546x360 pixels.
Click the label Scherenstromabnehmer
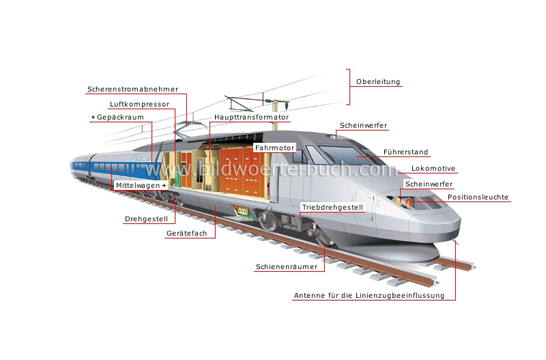(x=132, y=89)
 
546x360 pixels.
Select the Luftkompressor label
(x=139, y=105)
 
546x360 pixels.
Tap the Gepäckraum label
(x=117, y=117)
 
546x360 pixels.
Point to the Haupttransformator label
(x=251, y=117)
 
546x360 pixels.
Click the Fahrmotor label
(x=274, y=148)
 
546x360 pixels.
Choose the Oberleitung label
(x=378, y=82)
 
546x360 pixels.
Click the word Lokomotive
(x=433, y=169)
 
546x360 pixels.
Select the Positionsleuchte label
(x=478, y=197)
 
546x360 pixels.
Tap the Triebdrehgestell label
(x=332, y=207)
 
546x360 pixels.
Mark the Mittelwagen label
(x=141, y=186)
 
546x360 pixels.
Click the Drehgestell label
(x=145, y=220)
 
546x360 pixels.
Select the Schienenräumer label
(x=287, y=267)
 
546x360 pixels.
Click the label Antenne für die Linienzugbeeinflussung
(x=369, y=296)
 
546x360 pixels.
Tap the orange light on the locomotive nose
(x=408, y=202)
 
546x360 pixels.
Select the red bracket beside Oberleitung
(x=349, y=86)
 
